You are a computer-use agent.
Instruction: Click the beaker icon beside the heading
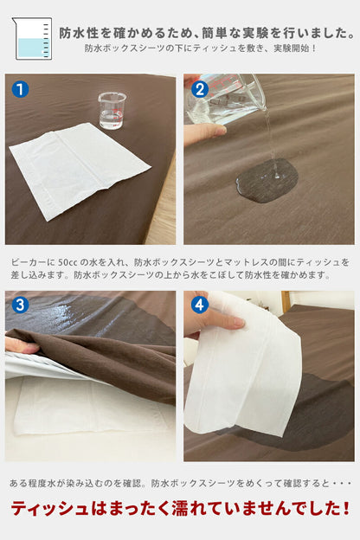click(x=32, y=38)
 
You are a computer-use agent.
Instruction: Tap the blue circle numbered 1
click(x=20, y=89)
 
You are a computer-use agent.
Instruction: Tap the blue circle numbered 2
click(x=200, y=89)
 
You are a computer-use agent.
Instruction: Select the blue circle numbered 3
click(x=20, y=305)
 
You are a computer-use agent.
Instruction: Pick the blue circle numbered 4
click(x=200, y=305)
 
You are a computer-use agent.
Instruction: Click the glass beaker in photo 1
click(x=112, y=111)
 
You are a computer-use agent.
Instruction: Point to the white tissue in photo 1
click(x=80, y=170)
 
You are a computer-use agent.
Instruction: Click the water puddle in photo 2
click(x=267, y=181)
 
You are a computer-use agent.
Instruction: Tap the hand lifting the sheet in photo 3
click(x=21, y=345)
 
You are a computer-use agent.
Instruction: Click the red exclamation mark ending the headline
click(x=346, y=508)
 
